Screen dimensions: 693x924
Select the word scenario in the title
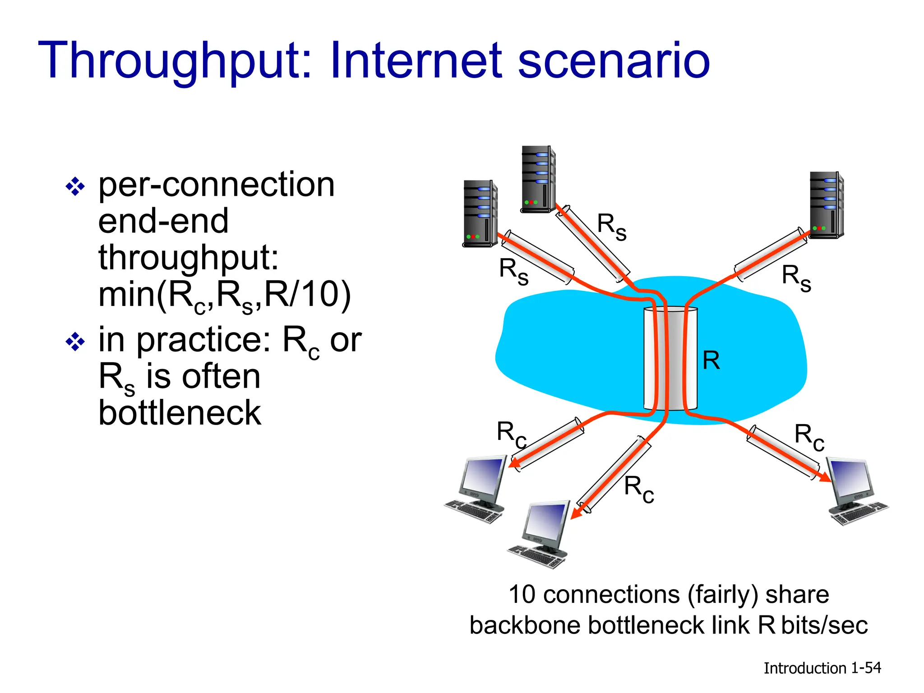[614, 61]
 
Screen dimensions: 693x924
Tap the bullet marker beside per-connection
[75, 187]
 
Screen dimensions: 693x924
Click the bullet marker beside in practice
[75, 342]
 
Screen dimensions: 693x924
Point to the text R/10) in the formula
[307, 294]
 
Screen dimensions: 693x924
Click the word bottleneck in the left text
[180, 413]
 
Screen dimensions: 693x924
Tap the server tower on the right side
[827, 205]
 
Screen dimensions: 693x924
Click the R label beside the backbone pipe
[711, 360]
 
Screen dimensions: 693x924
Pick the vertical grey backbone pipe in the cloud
[670, 359]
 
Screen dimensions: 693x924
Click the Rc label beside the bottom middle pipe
[639, 489]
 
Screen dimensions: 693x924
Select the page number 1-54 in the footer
[866, 668]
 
